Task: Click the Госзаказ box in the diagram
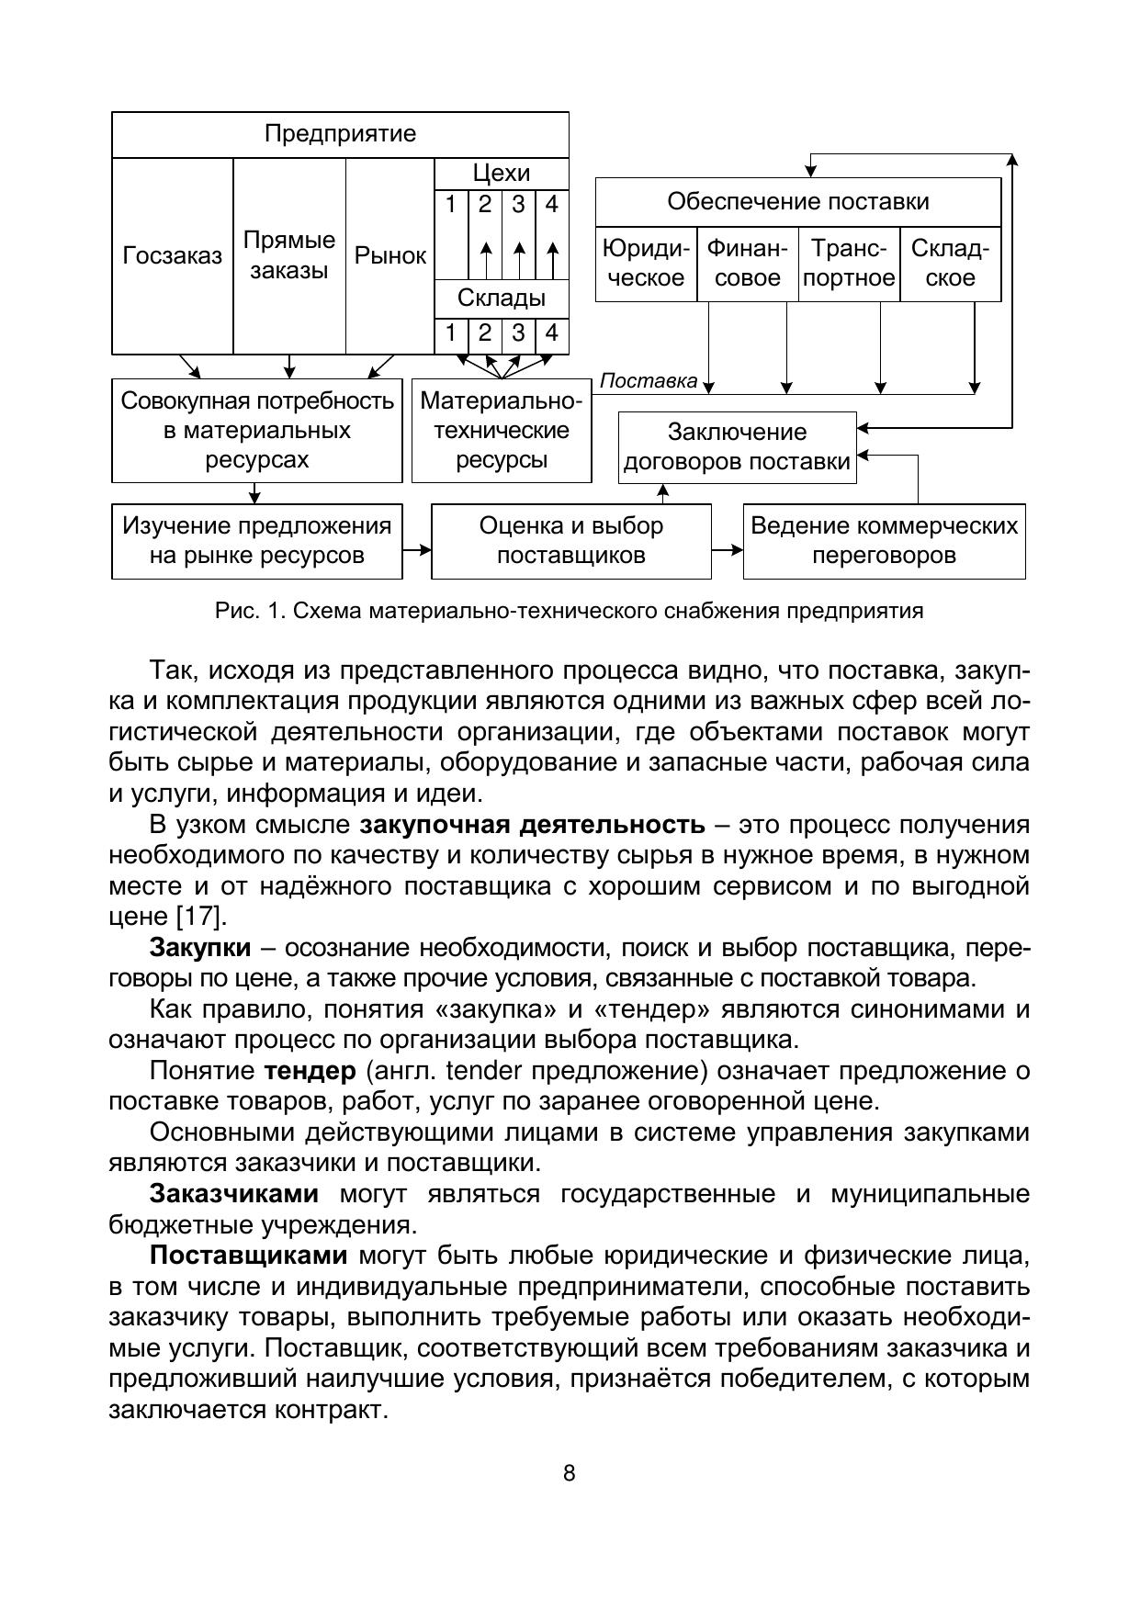[x=173, y=256]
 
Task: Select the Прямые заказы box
[x=289, y=256]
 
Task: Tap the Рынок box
[x=390, y=256]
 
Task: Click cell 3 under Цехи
[x=518, y=204]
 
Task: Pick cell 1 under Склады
[x=451, y=333]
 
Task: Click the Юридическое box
[x=646, y=264]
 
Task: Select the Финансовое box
[x=748, y=264]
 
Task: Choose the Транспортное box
[x=849, y=264]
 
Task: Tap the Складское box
[x=951, y=264]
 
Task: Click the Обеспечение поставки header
[x=797, y=202]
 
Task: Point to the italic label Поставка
[x=649, y=381]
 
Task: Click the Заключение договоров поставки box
[x=737, y=447]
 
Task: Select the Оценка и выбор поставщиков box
[x=570, y=541]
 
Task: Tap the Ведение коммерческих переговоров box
[x=884, y=541]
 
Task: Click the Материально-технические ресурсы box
[x=502, y=431]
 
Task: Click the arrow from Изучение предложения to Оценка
[x=417, y=550]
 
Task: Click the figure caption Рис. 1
[x=569, y=611]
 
